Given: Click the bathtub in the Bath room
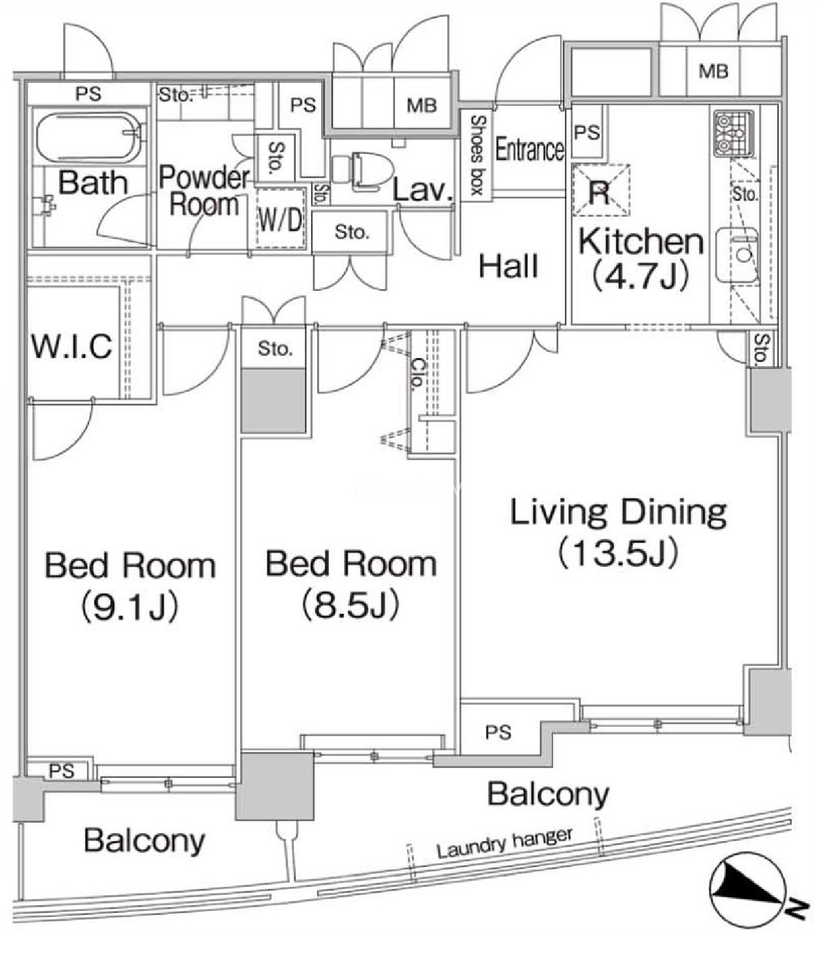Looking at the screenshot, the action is tap(88, 136).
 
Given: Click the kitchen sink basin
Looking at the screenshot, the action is tap(738, 254).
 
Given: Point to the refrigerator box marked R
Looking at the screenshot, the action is tap(601, 190).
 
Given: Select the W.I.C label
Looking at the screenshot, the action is tap(72, 346).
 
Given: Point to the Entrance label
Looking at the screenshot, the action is tap(530, 149).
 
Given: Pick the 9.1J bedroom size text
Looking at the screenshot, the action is tap(130, 607).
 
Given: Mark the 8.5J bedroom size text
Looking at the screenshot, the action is tap(351, 605).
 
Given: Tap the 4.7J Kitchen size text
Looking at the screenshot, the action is tap(640, 275).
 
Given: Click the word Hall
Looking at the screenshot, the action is tap(509, 266).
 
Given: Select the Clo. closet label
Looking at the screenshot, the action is tap(417, 374).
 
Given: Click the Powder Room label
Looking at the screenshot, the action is tap(204, 191).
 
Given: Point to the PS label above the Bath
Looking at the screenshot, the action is tap(88, 94).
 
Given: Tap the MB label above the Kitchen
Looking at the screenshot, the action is tap(713, 71).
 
